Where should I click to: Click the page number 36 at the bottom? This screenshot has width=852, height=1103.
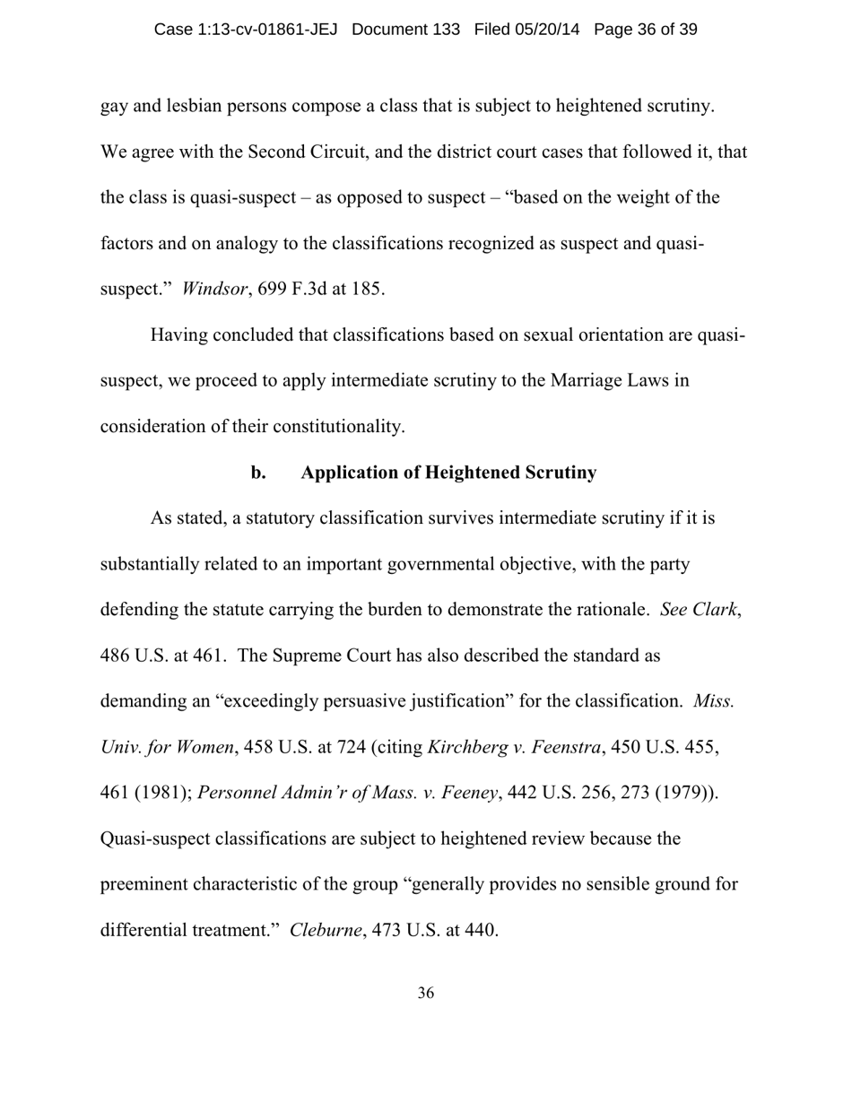[x=426, y=993]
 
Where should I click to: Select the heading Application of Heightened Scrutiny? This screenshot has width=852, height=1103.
[x=448, y=473]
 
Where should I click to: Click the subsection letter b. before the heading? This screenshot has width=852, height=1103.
[x=258, y=473]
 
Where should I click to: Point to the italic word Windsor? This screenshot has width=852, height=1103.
[x=213, y=289]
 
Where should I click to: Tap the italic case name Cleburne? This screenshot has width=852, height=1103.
[x=326, y=930]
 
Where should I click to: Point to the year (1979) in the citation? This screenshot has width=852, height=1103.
[x=687, y=793]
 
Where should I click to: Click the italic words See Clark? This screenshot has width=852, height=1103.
[x=699, y=610]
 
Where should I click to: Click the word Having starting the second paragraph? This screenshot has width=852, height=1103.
[x=180, y=334]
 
